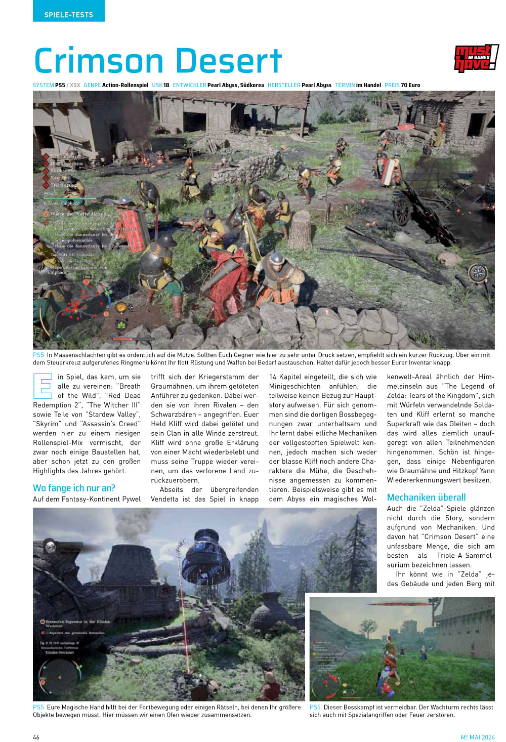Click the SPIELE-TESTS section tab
pos(68,15)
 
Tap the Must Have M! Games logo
pos(476,59)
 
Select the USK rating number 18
pos(166,85)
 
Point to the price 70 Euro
pos(410,85)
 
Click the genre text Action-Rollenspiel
pos(125,85)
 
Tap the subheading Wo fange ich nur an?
pos(74,488)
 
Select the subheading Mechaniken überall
pos(426,497)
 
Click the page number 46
pos(36,737)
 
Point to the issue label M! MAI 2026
pos(477,737)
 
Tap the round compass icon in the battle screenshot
pos(478,273)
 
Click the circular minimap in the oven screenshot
pos(59,677)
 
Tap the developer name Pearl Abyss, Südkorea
pos(235,85)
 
